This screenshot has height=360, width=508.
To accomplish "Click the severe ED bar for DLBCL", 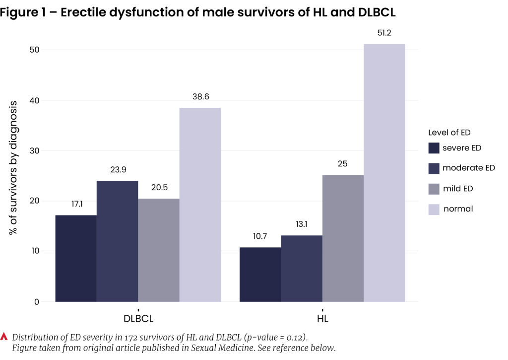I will (76, 258).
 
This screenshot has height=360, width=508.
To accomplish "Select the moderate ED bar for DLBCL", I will (117, 241).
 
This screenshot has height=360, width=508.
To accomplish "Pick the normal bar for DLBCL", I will (200, 205).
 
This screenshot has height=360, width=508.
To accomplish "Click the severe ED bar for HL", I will (260, 274).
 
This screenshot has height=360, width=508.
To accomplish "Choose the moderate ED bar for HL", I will (301, 268).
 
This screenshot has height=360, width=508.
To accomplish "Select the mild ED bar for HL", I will (343, 238).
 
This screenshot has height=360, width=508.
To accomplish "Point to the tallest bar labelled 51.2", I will (384, 172).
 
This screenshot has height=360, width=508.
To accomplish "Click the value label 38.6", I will (200, 97).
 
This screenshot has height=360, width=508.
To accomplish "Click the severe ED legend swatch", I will (434, 148).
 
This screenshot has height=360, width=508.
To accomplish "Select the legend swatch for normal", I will (434, 209).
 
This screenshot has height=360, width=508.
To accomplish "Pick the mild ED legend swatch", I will (434, 189).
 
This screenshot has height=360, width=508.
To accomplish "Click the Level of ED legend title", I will (449, 133).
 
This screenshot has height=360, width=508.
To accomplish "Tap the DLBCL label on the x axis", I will (138, 318).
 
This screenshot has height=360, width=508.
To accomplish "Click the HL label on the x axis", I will (322, 318).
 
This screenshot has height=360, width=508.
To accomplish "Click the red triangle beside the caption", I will (5, 336).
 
